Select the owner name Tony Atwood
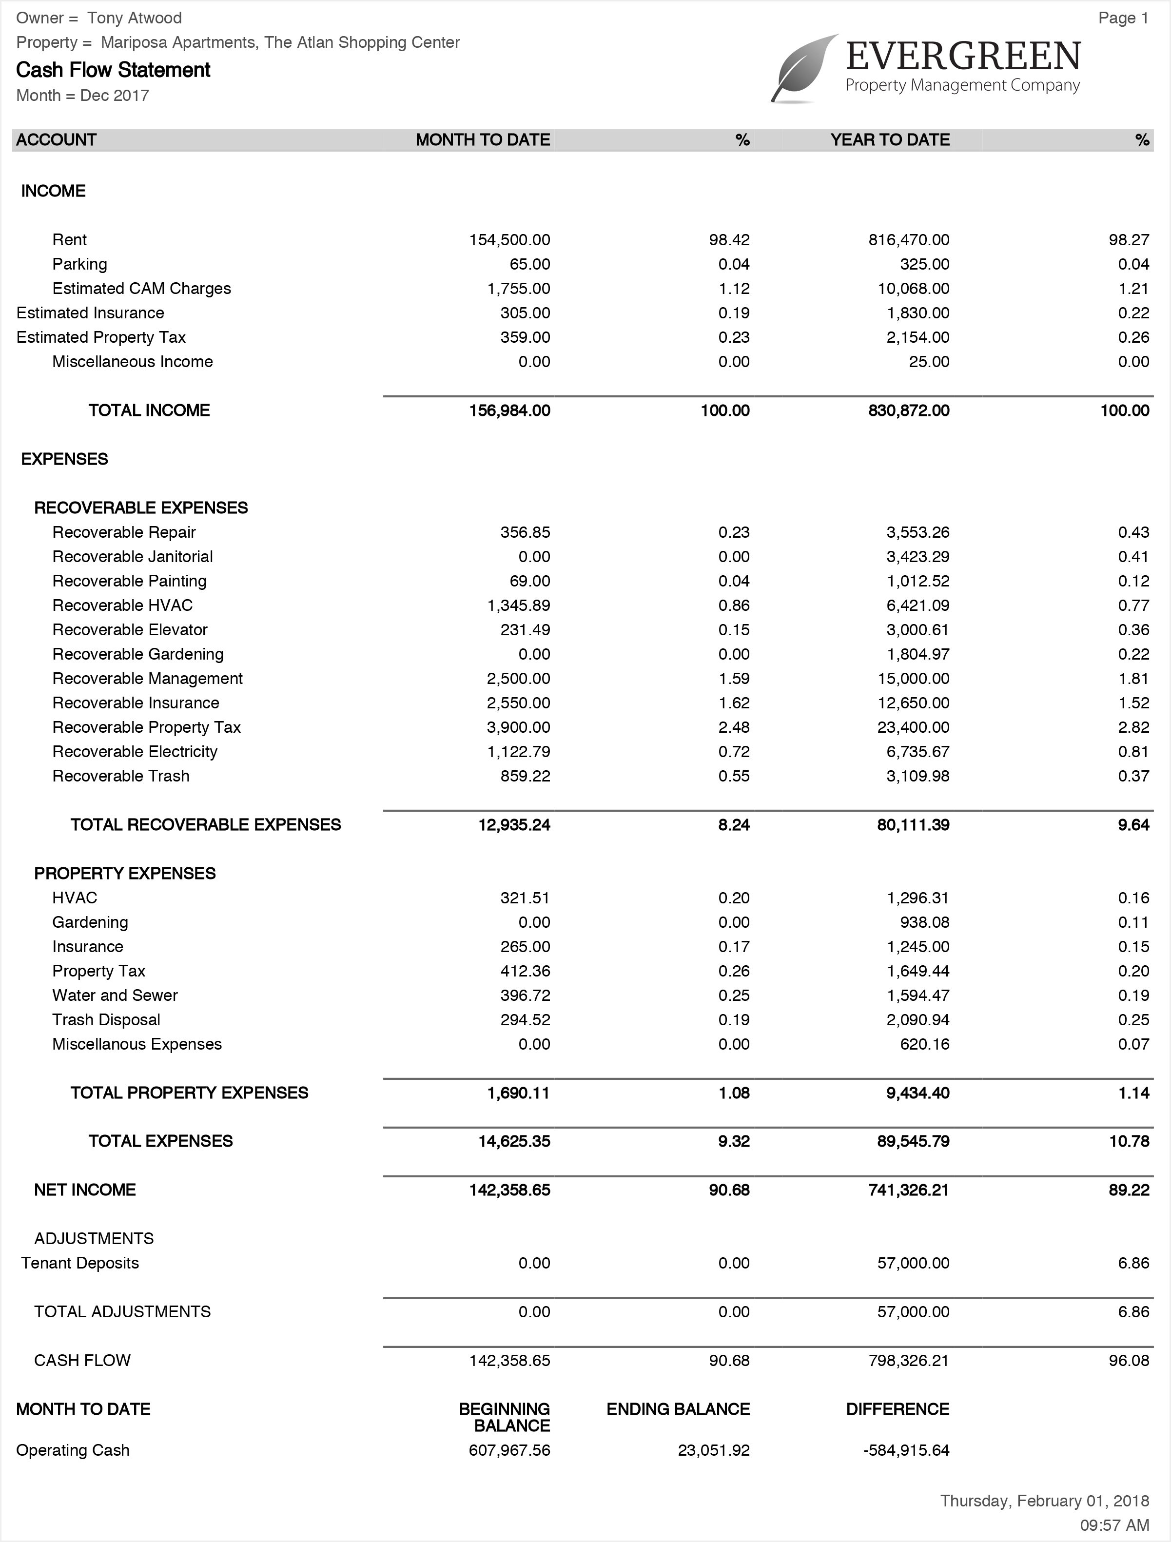pyautogui.click(x=135, y=18)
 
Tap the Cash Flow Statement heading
pyautogui.click(x=113, y=70)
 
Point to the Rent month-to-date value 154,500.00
pyautogui.click(x=509, y=240)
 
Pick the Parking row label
pyautogui.click(x=79, y=264)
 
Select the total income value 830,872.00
pyautogui.click(x=909, y=410)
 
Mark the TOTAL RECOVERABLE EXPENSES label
pyautogui.click(x=206, y=825)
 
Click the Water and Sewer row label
pyautogui.click(x=115, y=995)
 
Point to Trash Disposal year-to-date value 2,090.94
pyautogui.click(x=918, y=1020)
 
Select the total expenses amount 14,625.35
pyautogui.click(x=514, y=1141)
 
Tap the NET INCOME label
pyautogui.click(x=85, y=1190)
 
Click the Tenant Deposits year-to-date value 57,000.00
pyautogui.click(x=913, y=1263)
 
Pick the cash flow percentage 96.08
pyautogui.click(x=1129, y=1360)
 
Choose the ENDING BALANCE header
pyautogui.click(x=678, y=1409)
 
